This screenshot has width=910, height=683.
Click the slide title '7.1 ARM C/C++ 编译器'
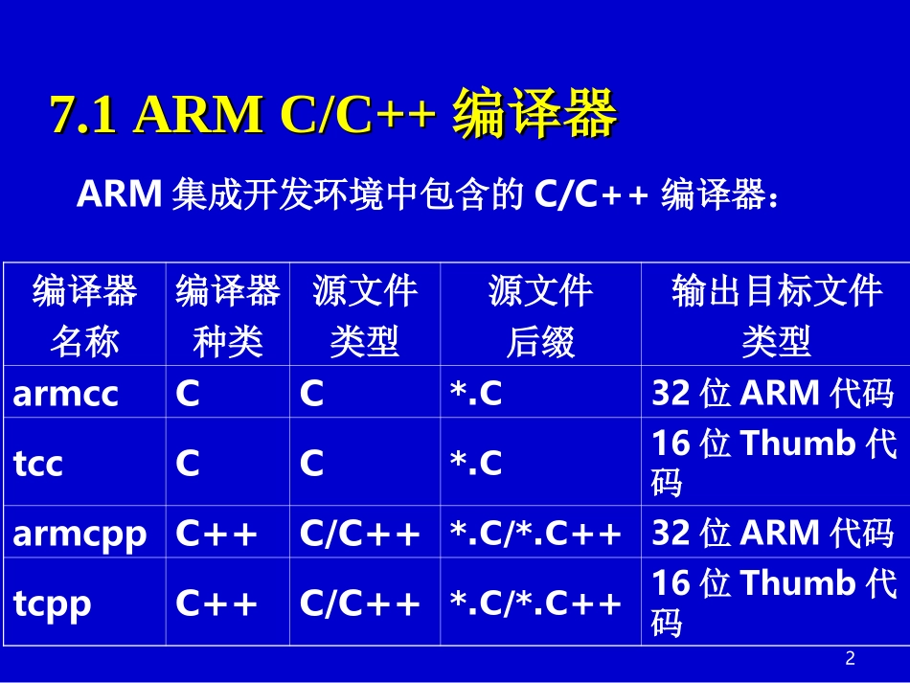[x=332, y=116]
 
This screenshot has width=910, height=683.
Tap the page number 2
[x=850, y=658]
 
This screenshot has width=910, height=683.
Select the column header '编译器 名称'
[x=84, y=314]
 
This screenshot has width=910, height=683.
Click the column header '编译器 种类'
[x=227, y=314]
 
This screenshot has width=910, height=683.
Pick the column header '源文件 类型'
[x=365, y=314]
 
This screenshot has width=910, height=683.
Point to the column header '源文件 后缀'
[x=540, y=314]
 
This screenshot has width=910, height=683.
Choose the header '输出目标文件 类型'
[x=776, y=314]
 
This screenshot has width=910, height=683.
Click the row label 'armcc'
[x=66, y=393]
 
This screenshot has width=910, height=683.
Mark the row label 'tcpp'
[x=53, y=603]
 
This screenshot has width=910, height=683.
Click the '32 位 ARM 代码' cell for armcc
[x=773, y=393]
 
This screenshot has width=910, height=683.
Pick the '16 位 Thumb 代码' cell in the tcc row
[x=774, y=463]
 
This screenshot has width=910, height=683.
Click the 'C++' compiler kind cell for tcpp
[x=217, y=603]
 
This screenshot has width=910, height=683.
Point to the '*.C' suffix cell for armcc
[x=476, y=393]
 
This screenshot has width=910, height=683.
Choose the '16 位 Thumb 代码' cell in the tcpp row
[x=774, y=603]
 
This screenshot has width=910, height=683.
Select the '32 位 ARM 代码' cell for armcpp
[x=773, y=533]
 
